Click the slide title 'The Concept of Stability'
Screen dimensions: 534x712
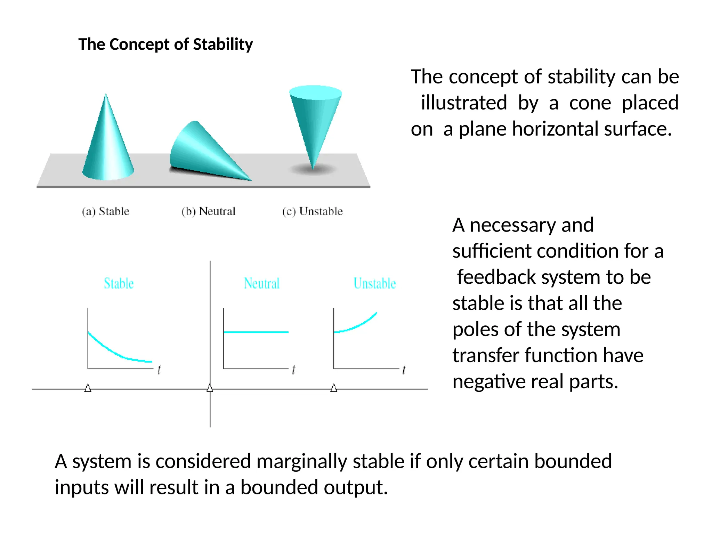(x=165, y=44)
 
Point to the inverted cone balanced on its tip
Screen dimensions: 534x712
(x=315, y=118)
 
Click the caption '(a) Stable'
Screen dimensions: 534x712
(x=106, y=211)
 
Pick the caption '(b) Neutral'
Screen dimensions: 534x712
(x=208, y=211)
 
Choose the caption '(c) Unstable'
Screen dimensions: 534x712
(x=312, y=211)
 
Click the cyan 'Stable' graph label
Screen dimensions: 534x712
(x=119, y=283)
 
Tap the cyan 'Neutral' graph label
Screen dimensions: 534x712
(x=261, y=283)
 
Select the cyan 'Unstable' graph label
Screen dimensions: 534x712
(x=375, y=283)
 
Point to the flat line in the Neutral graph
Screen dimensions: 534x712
(x=256, y=332)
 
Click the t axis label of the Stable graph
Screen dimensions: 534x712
(x=159, y=370)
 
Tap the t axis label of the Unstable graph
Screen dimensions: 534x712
(x=404, y=370)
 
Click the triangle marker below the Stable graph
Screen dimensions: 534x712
(x=88, y=388)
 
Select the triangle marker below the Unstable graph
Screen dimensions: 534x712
(x=334, y=388)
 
